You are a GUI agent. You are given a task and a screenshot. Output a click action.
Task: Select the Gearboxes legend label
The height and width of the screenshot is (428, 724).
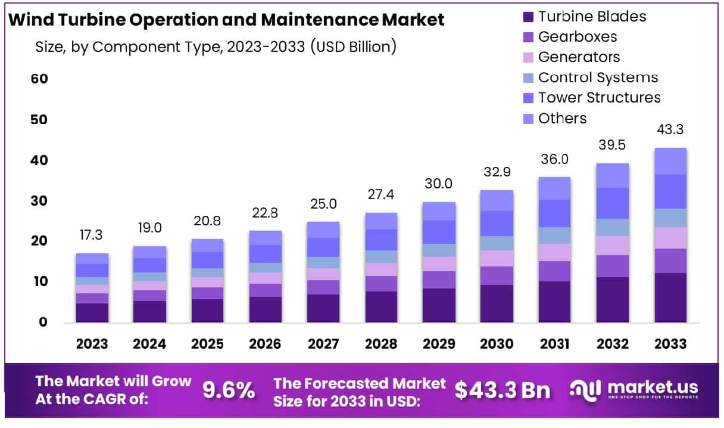coord(577,37)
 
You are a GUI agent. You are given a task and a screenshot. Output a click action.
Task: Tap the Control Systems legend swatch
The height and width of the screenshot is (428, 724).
coord(528,78)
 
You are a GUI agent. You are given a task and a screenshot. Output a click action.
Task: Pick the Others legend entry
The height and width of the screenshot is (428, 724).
coord(562,118)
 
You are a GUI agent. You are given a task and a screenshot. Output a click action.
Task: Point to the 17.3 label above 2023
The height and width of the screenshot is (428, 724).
coord(91,235)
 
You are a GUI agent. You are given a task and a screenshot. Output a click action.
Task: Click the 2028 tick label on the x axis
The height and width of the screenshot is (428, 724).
coord(382,344)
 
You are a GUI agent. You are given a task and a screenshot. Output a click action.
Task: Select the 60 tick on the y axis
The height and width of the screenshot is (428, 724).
coord(39,79)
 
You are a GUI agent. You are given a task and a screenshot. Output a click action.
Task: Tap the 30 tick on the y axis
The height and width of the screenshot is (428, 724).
coord(39,201)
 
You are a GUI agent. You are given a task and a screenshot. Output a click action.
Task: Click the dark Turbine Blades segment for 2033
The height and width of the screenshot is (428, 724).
coord(670,297)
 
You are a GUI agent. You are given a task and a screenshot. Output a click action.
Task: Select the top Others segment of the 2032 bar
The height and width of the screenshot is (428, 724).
coord(613,175)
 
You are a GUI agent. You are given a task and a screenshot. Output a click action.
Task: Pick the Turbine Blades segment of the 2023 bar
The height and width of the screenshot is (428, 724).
coord(92,312)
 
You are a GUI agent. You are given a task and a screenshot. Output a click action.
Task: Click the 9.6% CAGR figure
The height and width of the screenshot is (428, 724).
coord(229,390)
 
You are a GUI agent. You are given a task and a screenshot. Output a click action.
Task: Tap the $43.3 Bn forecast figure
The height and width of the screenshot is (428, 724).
coord(503,390)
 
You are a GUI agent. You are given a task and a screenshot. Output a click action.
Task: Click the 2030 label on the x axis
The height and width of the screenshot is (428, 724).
coord(497,344)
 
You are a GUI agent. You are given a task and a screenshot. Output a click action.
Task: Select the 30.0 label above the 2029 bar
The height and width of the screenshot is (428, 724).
coord(439,184)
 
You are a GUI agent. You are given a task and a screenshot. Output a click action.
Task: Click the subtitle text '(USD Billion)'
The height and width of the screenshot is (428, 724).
coord(353,46)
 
